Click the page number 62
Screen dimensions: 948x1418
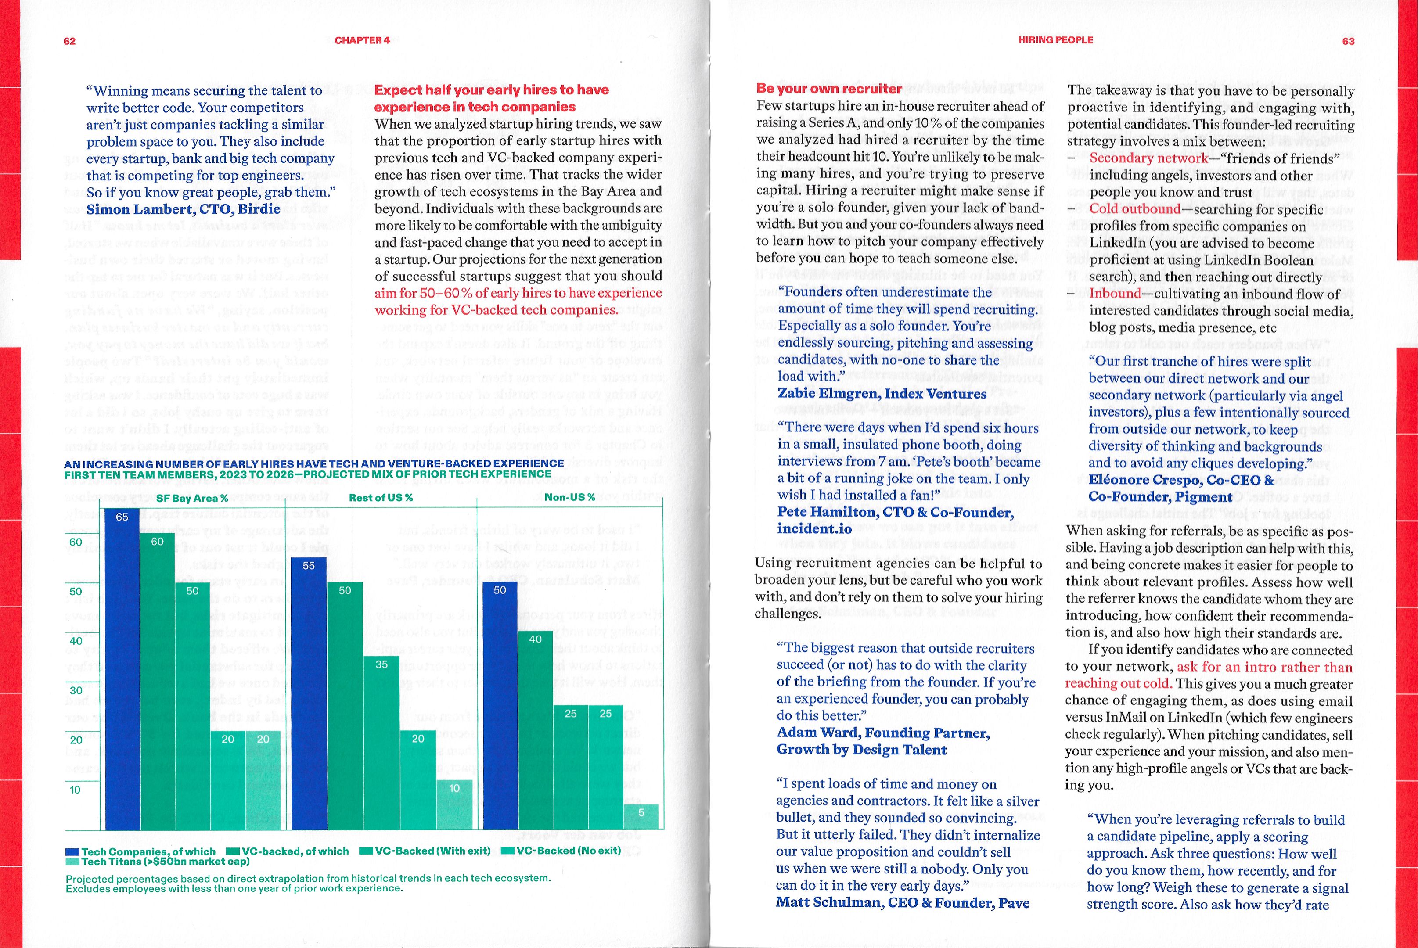click(69, 41)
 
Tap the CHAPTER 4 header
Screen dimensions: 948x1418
click(362, 40)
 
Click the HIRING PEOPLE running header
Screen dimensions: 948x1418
click(1055, 40)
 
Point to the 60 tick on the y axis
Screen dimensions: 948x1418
click(76, 542)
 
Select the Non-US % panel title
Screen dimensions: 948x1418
click(570, 497)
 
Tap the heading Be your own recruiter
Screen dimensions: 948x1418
click(829, 88)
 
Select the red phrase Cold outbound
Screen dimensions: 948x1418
click(1134, 208)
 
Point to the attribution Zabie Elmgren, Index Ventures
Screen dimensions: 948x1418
click(882, 394)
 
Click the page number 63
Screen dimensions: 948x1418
click(1348, 41)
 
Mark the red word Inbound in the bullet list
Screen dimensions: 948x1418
click(1115, 293)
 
